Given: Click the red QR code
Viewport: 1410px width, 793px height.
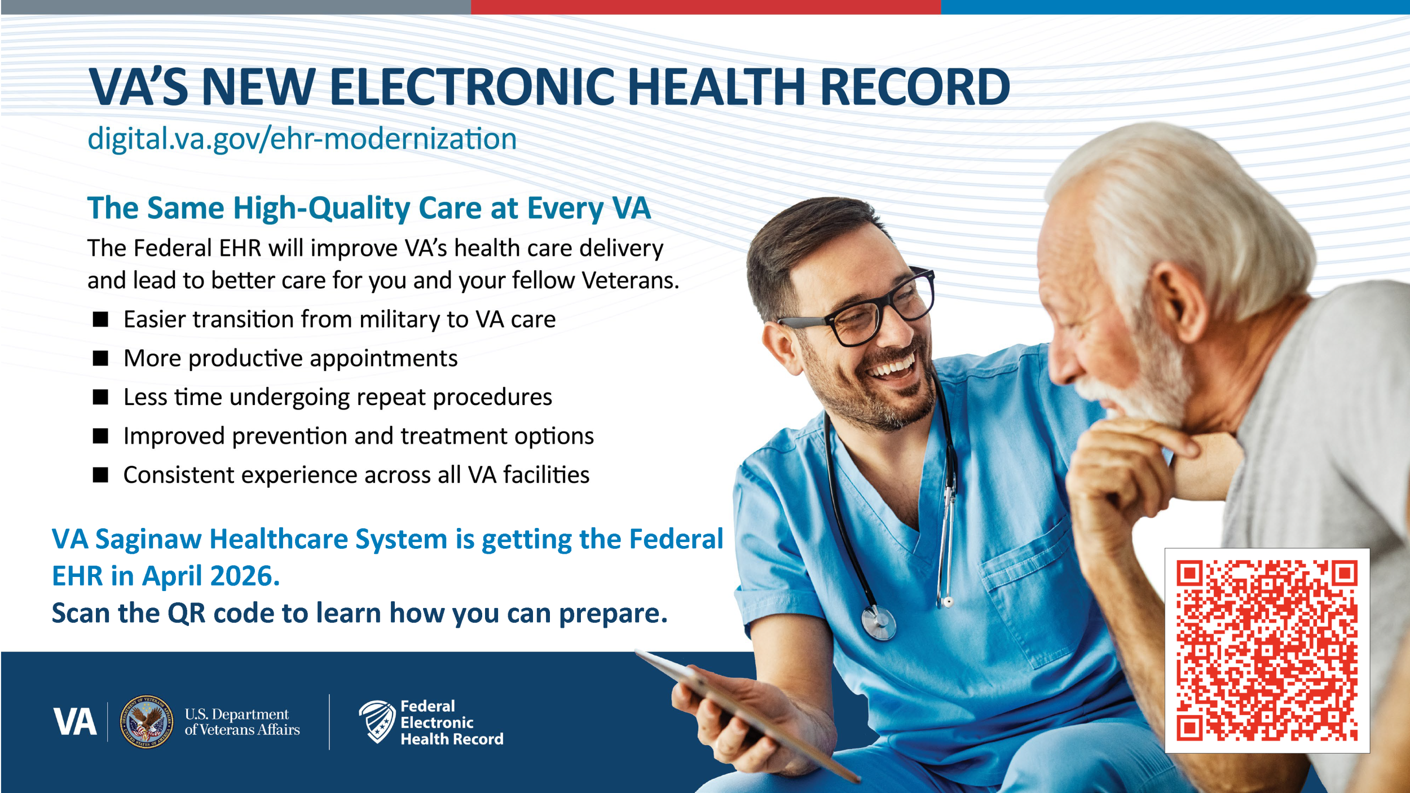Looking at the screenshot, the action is (1267, 650).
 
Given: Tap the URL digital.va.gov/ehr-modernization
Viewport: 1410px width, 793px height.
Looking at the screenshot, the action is (302, 139).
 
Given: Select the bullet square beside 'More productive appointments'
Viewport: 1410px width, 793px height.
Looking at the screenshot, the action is (100, 358).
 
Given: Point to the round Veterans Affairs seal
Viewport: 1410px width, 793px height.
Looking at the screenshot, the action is (147, 721).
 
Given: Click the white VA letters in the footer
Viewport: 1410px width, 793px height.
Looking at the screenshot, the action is (75, 722).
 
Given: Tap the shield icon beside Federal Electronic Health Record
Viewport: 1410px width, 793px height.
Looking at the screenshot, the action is (377, 721).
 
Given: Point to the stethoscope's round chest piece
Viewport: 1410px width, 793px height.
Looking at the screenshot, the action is (878, 622).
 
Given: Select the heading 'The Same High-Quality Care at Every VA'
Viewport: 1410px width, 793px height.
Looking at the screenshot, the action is (369, 208).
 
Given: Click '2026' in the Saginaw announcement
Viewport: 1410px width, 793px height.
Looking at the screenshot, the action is (245, 576).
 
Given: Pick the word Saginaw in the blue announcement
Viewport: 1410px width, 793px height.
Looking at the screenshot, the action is (148, 540).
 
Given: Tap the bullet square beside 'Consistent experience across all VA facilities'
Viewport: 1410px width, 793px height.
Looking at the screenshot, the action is (100, 475).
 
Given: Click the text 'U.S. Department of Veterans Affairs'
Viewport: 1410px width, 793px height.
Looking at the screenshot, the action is (242, 722).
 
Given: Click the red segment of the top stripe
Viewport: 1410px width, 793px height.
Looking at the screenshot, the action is (706, 7).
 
